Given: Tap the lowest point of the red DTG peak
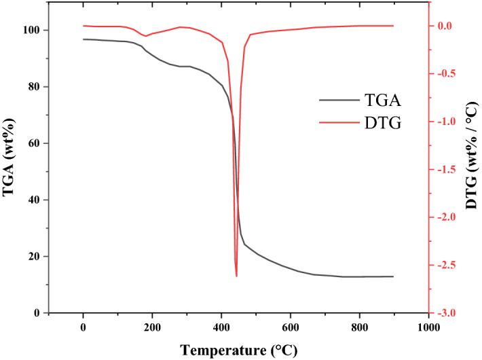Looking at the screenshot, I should click(236, 276).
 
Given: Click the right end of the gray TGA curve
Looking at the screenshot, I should click(393, 276).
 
